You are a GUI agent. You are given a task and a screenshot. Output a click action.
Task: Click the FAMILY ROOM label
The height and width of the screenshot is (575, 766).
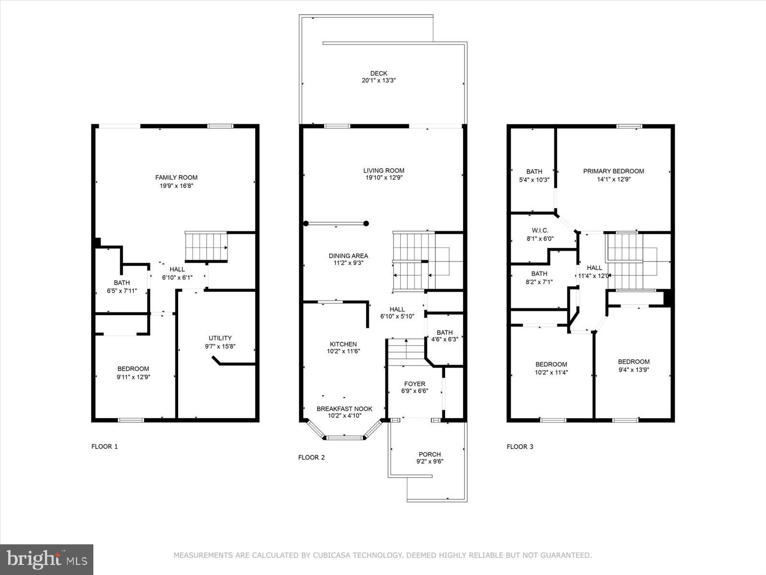(176, 177)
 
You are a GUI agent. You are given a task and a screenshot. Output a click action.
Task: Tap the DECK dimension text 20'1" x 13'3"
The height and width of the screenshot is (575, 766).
(378, 81)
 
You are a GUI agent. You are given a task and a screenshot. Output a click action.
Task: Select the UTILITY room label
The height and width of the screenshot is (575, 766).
(220, 338)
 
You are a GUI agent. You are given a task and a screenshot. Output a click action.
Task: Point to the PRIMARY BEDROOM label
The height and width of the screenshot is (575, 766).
(613, 171)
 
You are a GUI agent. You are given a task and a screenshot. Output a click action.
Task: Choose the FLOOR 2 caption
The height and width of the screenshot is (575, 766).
(311, 458)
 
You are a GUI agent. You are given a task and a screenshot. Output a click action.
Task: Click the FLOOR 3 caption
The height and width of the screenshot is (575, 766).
(520, 447)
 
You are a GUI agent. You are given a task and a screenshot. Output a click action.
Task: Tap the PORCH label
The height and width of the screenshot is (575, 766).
(429, 454)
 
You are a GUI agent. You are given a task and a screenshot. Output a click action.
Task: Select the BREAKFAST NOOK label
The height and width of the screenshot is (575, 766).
(344, 409)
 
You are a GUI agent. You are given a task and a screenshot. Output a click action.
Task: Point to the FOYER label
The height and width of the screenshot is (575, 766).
(414, 384)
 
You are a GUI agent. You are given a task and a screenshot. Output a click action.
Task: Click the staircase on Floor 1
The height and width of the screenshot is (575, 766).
(206, 246)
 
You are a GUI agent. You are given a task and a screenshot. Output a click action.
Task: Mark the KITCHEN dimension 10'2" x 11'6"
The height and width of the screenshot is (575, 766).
(343, 351)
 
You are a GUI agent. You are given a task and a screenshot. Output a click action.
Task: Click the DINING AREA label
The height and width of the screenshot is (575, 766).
(348, 256)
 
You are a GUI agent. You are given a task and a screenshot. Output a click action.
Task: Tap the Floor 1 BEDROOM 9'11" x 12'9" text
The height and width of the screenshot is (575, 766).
(133, 377)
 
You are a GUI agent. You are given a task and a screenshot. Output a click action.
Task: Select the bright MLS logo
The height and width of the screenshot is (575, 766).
(46, 559)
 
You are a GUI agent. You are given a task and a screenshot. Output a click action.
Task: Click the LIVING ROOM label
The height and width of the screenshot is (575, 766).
(383, 171)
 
